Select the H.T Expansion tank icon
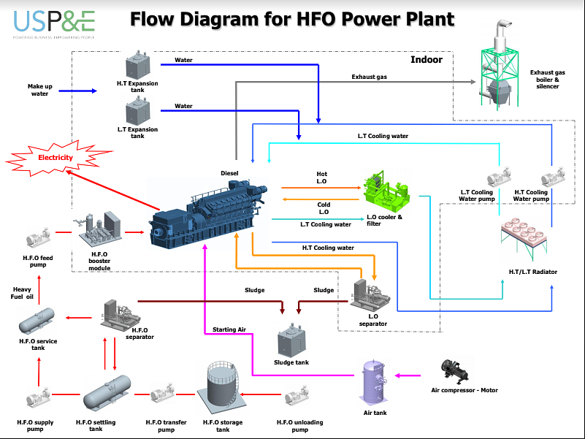(137, 65)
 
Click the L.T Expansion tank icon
(137, 112)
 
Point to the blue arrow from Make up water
(77, 91)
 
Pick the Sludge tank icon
(291, 340)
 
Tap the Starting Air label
(229, 330)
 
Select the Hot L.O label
(321, 177)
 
